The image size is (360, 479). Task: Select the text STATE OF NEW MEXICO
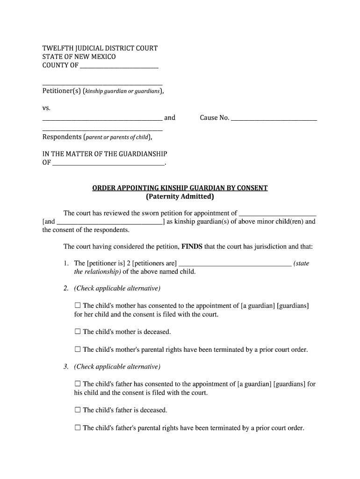coord(79,57)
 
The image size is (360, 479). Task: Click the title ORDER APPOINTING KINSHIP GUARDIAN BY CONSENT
coord(180,188)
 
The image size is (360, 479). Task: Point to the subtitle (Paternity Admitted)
coord(180,197)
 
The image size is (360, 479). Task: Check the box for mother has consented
coord(78,305)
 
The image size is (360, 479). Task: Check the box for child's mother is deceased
coord(78,332)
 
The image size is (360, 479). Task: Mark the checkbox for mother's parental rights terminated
coord(78,349)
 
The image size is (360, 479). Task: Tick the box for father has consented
coord(78,384)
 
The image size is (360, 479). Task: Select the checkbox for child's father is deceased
coord(78,410)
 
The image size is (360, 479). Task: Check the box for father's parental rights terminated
coord(78,428)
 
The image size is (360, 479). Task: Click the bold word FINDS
coord(192,246)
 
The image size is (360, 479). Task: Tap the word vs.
coord(46,108)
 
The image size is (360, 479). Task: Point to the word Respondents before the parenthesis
coord(62,137)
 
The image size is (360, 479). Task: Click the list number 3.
coord(66,367)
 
